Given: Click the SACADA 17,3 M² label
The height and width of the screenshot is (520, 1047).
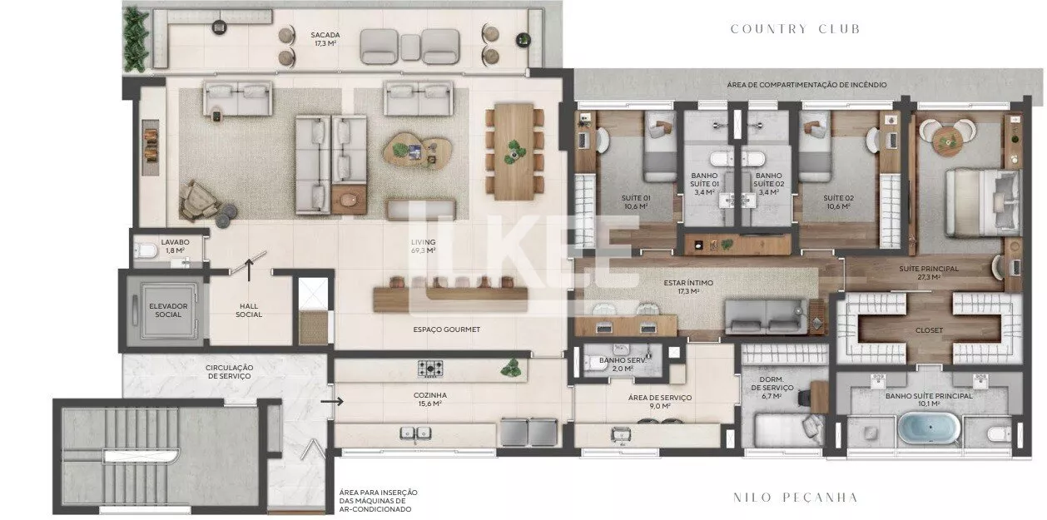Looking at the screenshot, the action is click(x=325, y=39).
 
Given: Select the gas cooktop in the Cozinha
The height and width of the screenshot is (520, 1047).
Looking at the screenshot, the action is click(x=430, y=369).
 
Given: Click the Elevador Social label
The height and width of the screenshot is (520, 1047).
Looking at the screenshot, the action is click(x=168, y=310).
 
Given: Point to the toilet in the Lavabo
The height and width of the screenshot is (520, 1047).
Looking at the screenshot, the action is click(x=146, y=250).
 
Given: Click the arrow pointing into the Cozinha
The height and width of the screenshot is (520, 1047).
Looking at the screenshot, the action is click(x=332, y=401).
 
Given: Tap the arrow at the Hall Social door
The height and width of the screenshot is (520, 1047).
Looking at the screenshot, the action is click(x=249, y=270).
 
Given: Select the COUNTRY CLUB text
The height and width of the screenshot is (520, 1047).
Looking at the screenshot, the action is click(x=795, y=29).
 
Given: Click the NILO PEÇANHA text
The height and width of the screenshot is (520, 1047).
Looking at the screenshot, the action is click(x=795, y=498).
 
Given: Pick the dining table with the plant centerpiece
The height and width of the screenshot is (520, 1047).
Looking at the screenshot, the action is click(x=514, y=151).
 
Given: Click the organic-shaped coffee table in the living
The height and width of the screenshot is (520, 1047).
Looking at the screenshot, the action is click(x=418, y=150).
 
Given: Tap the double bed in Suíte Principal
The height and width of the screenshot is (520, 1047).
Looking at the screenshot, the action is click(x=982, y=202).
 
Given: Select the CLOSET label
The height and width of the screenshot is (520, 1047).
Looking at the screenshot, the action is click(x=929, y=330).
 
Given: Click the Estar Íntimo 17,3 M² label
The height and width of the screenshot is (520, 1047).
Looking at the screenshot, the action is click(x=688, y=287).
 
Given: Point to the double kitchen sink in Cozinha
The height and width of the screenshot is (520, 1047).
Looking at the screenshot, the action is click(x=415, y=433).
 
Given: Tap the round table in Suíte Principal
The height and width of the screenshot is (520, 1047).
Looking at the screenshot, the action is click(x=947, y=138).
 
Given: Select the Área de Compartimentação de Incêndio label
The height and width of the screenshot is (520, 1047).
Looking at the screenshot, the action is click(x=806, y=85).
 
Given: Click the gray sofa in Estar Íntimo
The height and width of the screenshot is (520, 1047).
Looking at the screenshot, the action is click(x=766, y=317).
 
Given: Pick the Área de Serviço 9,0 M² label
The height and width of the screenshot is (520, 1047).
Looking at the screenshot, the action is click(x=659, y=402).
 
